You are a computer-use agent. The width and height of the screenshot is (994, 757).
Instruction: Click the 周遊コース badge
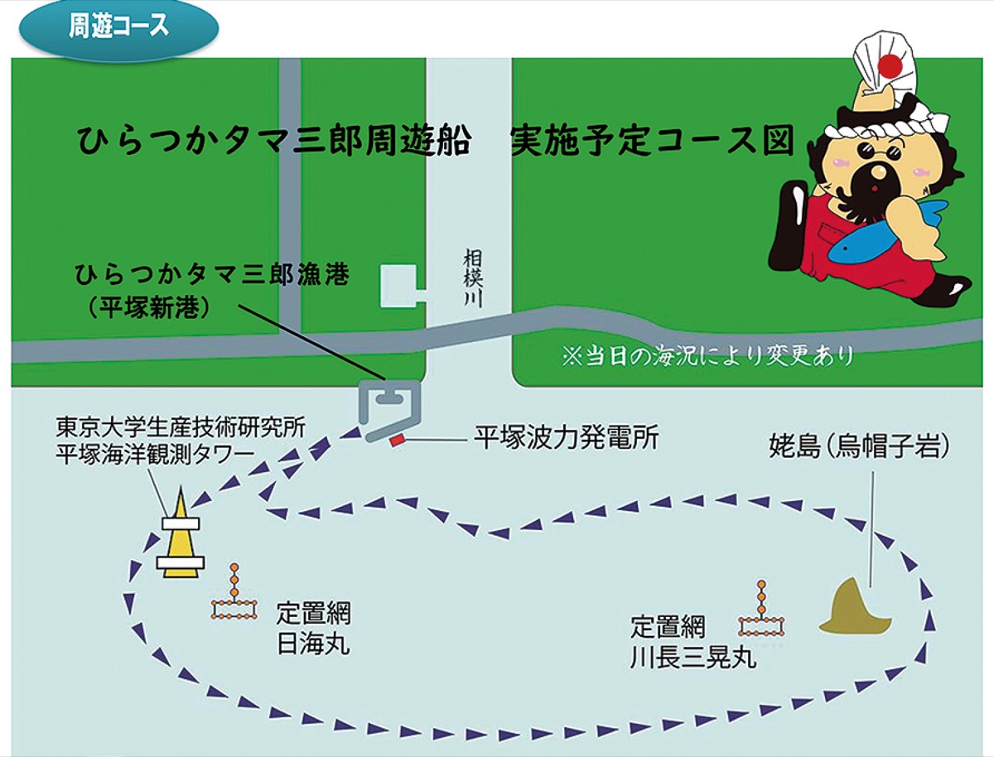118,27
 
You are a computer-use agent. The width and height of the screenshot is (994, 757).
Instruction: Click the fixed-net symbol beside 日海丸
234,598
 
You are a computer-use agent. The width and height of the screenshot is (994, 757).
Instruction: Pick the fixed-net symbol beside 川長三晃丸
761,614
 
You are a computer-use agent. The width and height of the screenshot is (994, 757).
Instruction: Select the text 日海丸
312,643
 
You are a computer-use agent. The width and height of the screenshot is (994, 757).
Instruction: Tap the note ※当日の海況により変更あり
707,357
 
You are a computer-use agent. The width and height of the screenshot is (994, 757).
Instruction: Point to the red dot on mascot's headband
890,65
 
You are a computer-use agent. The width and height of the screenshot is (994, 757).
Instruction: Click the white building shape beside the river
398,287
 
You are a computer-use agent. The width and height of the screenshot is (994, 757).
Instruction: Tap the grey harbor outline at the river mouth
388,408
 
